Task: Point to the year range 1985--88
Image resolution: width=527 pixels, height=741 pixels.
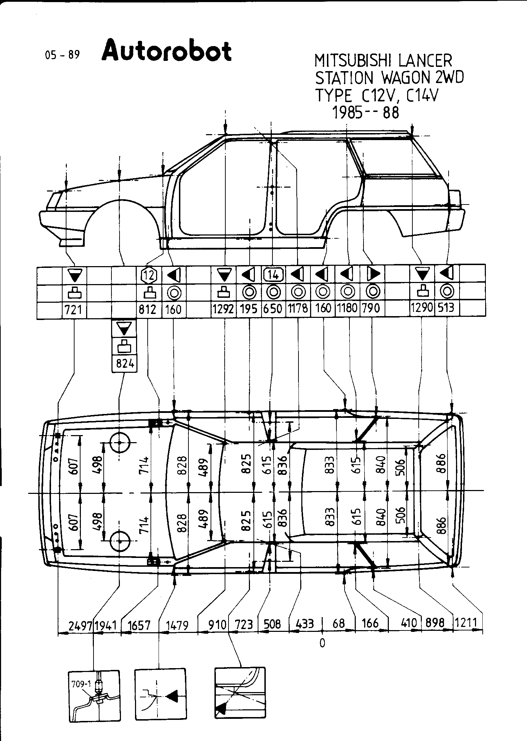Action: point(366,113)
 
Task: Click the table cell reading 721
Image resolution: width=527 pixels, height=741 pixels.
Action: point(74,309)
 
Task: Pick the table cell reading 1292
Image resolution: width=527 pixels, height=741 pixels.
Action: point(224,309)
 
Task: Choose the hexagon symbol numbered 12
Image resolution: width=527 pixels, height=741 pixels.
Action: point(149,275)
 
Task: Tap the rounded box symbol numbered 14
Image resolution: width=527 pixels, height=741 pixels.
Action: point(274,274)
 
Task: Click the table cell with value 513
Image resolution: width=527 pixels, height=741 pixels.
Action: point(446,308)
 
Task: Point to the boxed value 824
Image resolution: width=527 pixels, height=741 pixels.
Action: point(124,363)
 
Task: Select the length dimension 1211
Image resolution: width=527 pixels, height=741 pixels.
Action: point(466,623)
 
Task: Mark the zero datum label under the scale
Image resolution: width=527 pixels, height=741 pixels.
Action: point(322,643)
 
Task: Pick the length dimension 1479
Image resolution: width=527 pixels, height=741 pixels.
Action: point(177,625)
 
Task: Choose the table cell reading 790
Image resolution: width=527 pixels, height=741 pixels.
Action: point(371,308)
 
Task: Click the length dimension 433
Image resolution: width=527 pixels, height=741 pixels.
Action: point(304,624)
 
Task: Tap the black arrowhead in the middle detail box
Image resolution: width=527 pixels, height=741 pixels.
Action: point(172,696)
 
